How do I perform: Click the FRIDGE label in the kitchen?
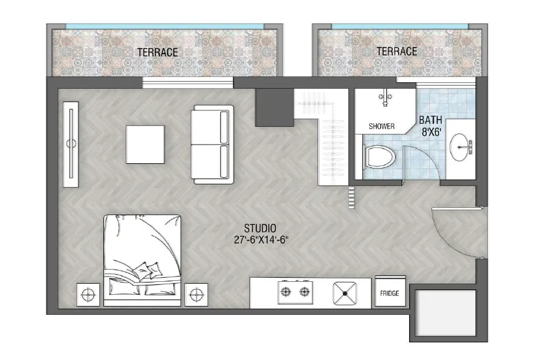tap(389, 293)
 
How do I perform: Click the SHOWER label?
tap(382, 126)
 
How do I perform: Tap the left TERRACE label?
tap(157, 52)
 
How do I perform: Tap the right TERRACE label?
tap(397, 52)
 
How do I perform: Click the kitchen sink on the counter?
tap(345, 292)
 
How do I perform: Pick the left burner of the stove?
tap(286, 291)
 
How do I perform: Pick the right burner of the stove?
tap(303, 291)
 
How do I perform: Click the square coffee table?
tap(145, 144)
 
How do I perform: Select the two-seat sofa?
tap(213, 144)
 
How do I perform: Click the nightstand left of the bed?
tap(89, 294)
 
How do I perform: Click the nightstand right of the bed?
tap(196, 294)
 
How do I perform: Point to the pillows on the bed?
tap(146, 271)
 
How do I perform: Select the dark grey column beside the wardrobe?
tap(274, 108)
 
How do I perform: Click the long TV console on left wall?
tap(71, 144)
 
